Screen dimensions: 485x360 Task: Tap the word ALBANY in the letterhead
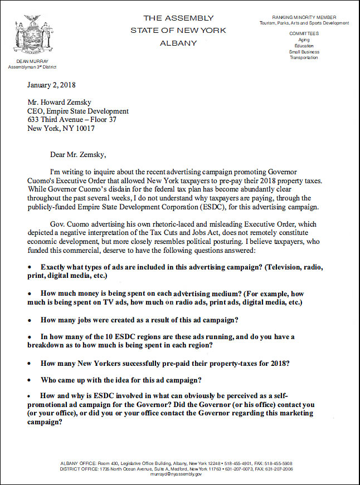[x=178, y=42]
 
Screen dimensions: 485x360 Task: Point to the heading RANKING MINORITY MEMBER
[x=304, y=18]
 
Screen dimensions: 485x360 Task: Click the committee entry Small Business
[x=304, y=52]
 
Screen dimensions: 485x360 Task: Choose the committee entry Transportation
[x=304, y=57]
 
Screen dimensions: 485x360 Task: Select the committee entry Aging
[x=304, y=40]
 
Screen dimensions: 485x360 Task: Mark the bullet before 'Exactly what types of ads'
[x=30, y=268]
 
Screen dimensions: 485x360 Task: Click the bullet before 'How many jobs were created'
[x=30, y=320]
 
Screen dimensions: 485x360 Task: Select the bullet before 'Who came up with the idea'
[x=30, y=380]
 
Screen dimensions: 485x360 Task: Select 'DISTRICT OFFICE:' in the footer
[x=77, y=469]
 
